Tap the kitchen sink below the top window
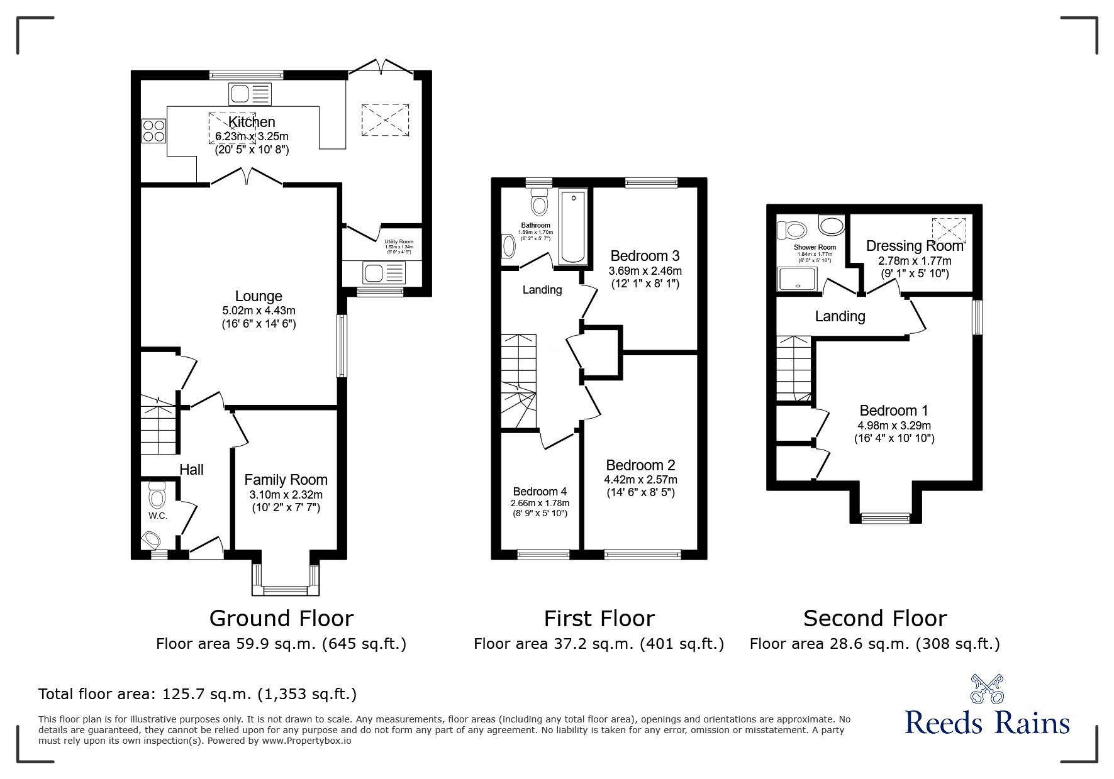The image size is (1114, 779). tap(250, 94)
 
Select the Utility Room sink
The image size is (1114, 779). tap(383, 273)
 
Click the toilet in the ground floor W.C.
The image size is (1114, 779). tap(157, 495)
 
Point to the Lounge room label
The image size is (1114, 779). tap(259, 296)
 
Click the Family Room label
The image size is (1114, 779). tap(286, 480)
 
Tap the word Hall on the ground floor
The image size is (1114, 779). tap(191, 470)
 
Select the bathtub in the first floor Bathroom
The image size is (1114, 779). tap(572, 227)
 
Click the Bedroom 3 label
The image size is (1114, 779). tap(645, 256)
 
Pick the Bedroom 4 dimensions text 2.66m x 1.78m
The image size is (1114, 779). tap(540, 503)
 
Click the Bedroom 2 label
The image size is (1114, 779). tap(640, 465)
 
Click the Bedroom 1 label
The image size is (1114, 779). tap(893, 411)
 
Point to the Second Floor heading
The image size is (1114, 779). tap(874, 619)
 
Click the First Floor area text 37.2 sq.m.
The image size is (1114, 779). tap(599, 644)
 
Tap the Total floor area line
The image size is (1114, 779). tap(198, 694)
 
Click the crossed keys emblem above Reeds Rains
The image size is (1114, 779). tap(987, 688)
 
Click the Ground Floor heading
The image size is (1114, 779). tap(281, 619)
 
